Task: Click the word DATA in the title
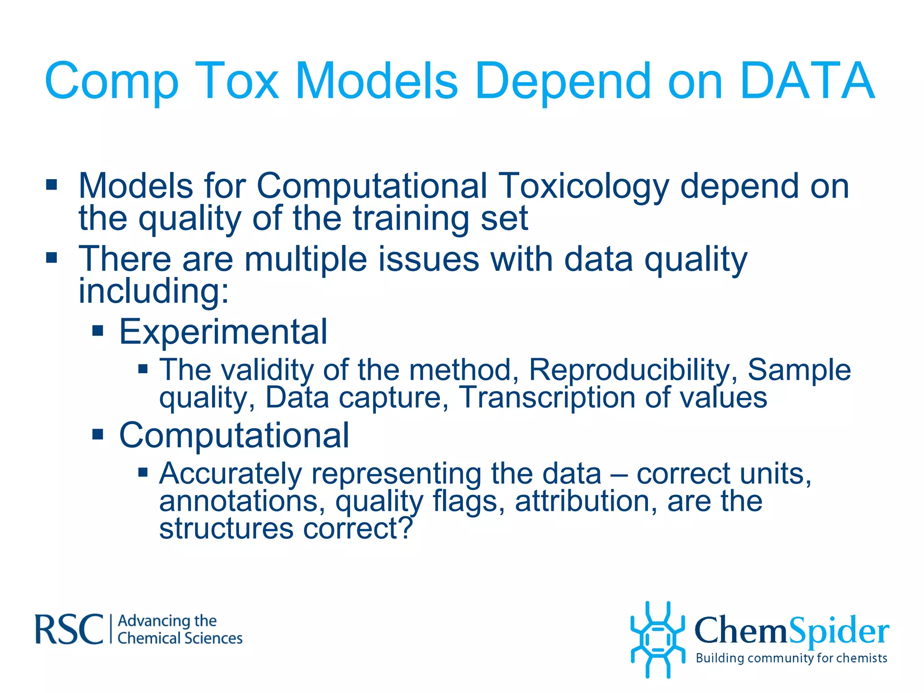coord(807,81)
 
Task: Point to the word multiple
coord(306,259)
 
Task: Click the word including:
coord(154,291)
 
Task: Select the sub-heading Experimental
coord(223,332)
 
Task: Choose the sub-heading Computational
coord(234,435)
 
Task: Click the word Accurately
coord(231,474)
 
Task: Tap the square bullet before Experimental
coord(97,331)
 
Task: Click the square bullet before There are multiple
coord(51,258)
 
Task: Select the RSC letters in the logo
coord(69,629)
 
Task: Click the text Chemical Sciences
coord(180,638)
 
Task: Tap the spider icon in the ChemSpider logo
coord(657,639)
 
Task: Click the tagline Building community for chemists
coord(791,658)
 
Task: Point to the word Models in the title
coord(376,81)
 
